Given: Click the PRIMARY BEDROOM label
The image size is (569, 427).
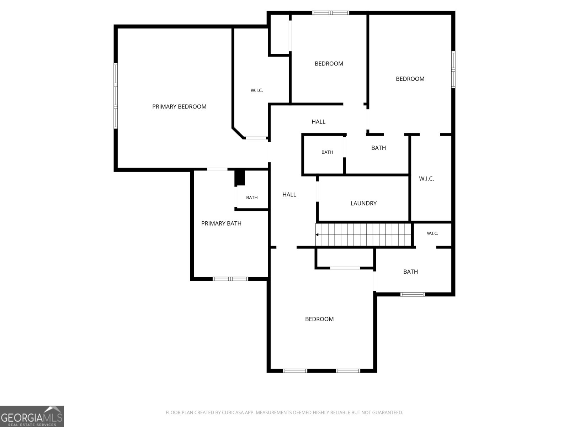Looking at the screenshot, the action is tap(179, 106).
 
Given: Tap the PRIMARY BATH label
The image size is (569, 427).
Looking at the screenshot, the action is tap(221, 223).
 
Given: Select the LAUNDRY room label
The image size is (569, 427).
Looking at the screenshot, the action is tap(363, 203).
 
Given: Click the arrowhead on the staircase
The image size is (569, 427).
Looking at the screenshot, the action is tap(317, 234).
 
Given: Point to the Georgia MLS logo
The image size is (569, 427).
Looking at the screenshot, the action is tap(32, 416).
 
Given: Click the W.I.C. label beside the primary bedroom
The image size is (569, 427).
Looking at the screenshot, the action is tap(257, 90).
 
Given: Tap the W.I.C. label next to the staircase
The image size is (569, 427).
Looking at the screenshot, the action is tap(432, 233).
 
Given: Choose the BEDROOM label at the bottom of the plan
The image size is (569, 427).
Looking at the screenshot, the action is tap(319, 319).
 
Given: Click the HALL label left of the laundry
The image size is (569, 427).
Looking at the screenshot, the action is tap(289, 195).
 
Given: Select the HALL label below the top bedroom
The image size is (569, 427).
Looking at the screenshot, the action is tap(318, 122).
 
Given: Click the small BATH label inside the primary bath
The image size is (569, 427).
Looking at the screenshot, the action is tap(252, 197).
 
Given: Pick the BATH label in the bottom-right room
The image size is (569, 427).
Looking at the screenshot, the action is tap(410, 272).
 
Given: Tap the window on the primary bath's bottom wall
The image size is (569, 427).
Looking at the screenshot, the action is tap(230, 279).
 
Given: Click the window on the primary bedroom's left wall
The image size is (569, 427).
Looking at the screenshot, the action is tap(116, 96).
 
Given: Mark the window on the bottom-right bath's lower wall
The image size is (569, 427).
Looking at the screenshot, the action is tap(413, 294).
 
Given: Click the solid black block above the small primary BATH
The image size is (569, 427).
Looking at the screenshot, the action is tap(240, 178).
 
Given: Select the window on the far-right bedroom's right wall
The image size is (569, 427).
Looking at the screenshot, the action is tap(453, 69).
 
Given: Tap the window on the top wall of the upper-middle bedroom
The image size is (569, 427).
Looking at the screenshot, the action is tap(330, 13).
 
